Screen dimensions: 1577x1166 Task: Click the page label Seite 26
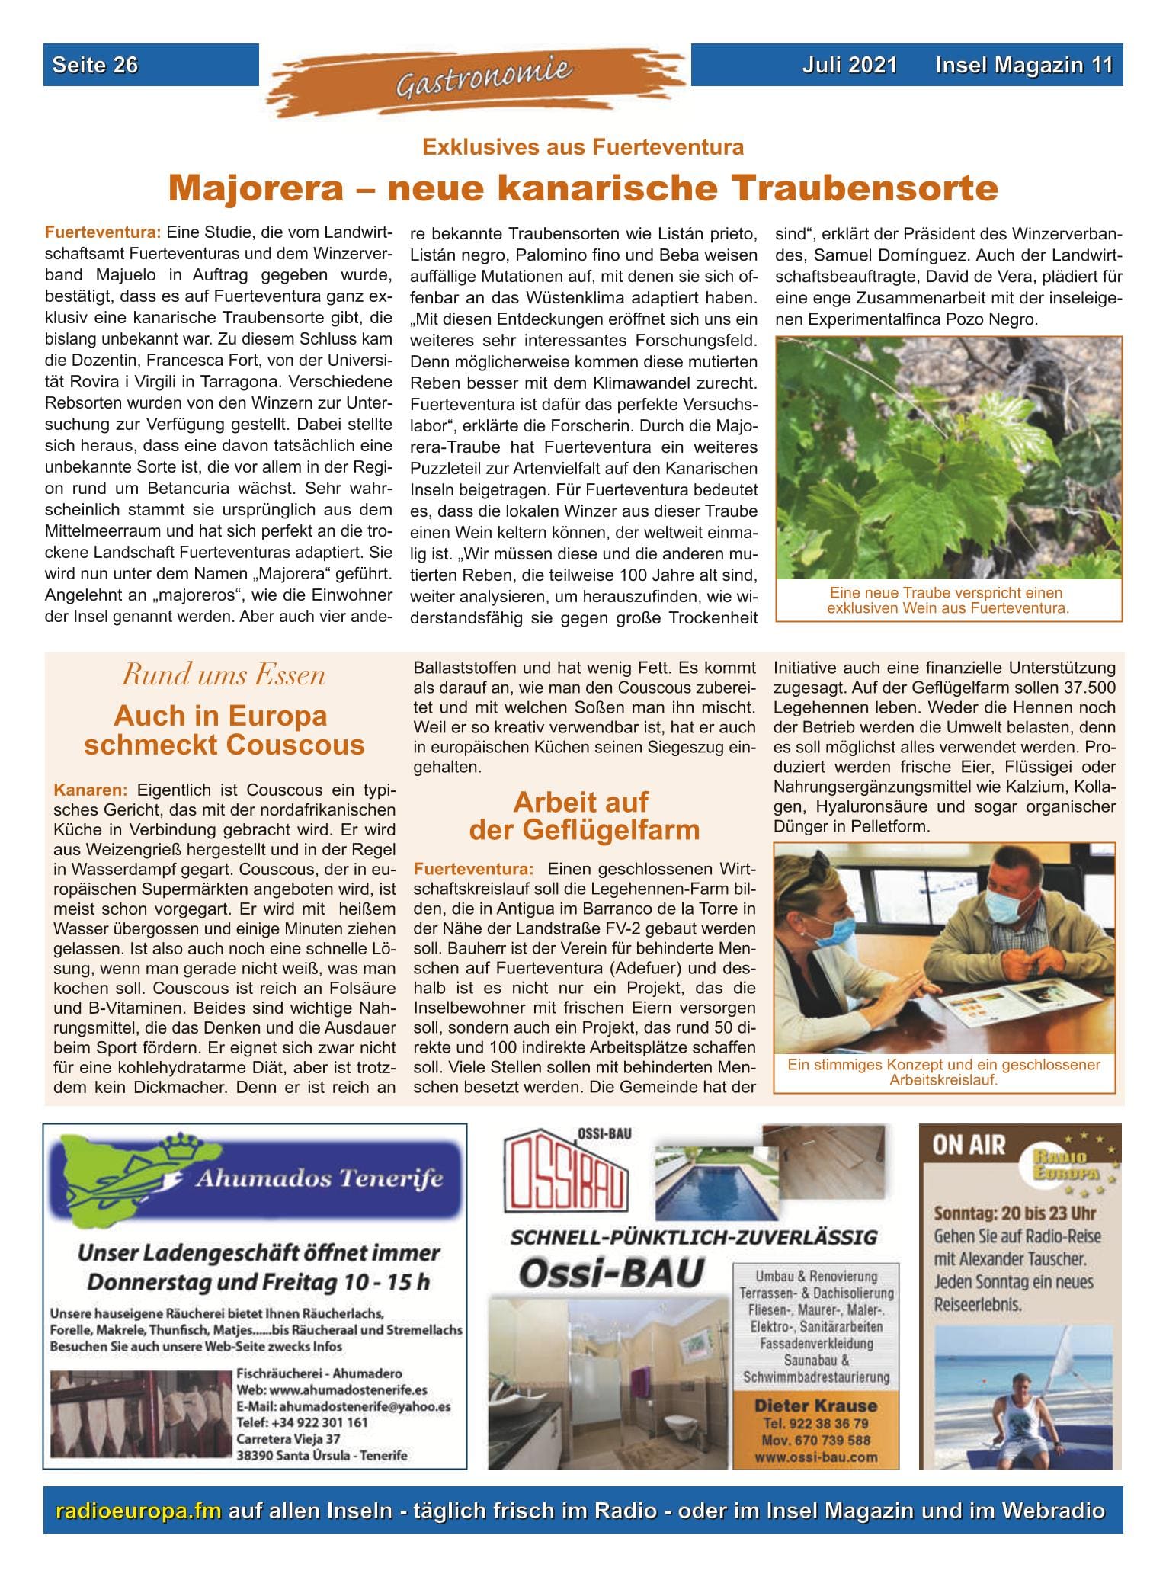tap(95, 65)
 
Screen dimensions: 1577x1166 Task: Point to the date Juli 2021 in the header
tap(849, 65)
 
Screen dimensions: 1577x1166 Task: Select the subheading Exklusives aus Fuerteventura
tap(583, 146)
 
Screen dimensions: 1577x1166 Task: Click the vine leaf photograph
tap(948, 457)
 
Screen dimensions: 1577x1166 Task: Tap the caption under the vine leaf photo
tap(948, 601)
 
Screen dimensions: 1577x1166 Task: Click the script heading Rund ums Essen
tap(224, 675)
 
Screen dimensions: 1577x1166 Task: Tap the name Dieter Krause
tap(815, 1406)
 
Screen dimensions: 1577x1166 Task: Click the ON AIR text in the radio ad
tap(969, 1146)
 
